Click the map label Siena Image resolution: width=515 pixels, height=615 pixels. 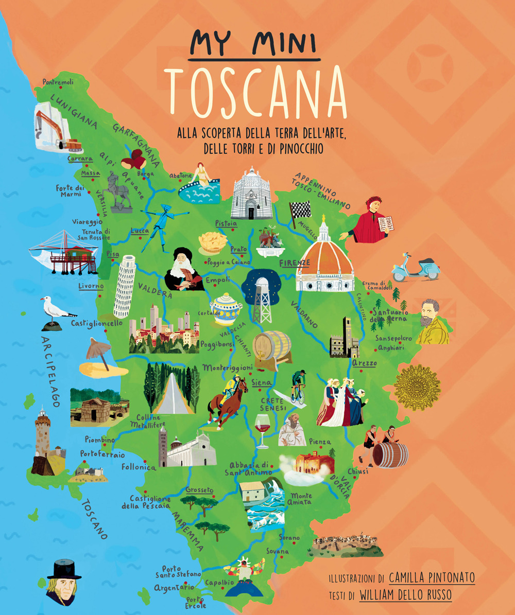click(x=262, y=382)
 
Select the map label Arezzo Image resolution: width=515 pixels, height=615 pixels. click(x=365, y=363)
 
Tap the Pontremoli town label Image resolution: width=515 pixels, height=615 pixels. click(x=59, y=82)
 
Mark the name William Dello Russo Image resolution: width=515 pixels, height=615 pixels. click(x=405, y=595)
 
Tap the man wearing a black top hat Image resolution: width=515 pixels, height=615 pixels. click(x=63, y=582)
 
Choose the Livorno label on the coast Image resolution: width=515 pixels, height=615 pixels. click(x=91, y=286)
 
